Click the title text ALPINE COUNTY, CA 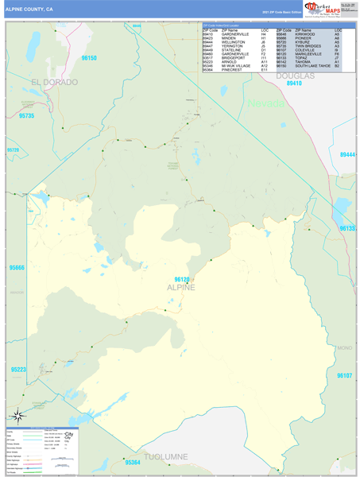point(29,9)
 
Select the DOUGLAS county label point(295,76)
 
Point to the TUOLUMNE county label point(165,456)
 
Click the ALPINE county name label point(182,287)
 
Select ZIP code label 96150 point(88,58)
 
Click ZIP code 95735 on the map point(25,116)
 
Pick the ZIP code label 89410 point(294,83)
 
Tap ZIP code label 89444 point(347,155)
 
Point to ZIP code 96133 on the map point(348,229)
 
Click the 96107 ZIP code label point(343,374)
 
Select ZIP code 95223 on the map point(18,370)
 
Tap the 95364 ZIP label point(133,462)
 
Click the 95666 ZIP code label point(16,268)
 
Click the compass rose point(18,415)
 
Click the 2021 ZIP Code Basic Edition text point(282,13)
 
